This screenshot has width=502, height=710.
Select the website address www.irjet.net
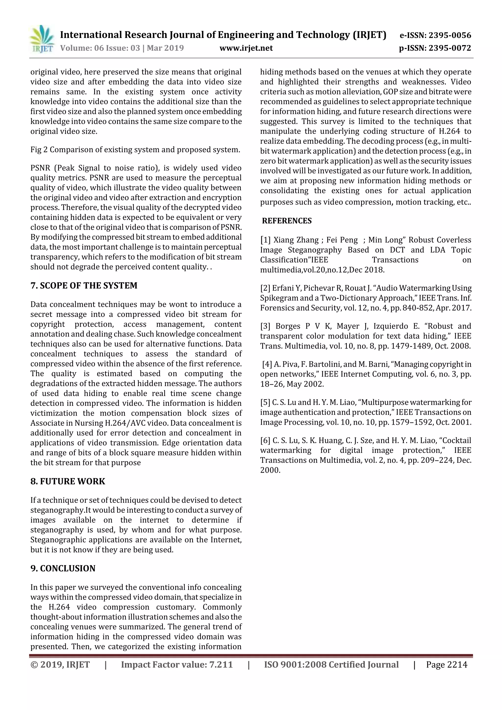246,48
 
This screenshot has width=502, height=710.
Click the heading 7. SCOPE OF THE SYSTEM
84,286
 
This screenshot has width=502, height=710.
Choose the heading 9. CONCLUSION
63,568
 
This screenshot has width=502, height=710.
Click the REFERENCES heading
287,221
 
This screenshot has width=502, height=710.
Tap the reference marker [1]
265,240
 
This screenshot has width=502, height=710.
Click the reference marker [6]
265,440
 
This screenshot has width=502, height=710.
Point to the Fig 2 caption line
135,150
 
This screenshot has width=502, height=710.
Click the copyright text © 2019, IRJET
60,665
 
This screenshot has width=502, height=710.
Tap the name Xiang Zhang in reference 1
296,240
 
